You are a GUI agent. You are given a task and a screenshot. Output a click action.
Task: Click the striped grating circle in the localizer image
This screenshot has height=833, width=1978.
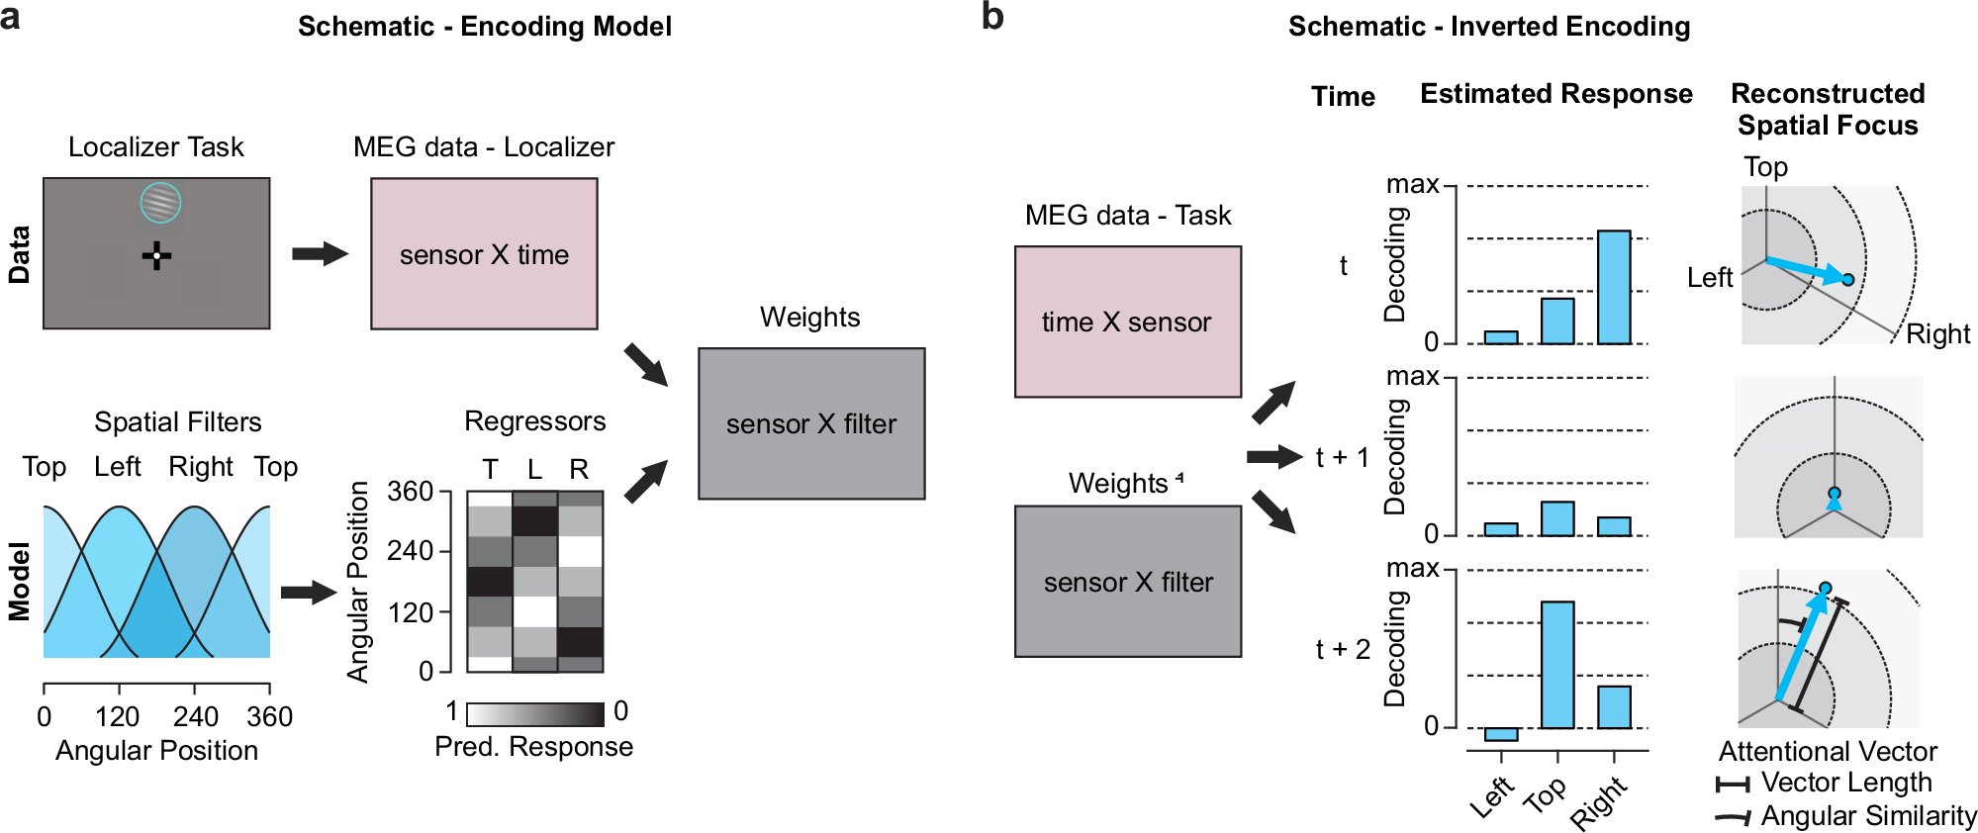pos(160,203)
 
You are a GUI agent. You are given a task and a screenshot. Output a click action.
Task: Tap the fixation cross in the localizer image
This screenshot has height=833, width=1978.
pos(156,256)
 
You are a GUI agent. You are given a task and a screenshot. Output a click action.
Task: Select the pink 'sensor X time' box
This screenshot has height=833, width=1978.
pos(484,253)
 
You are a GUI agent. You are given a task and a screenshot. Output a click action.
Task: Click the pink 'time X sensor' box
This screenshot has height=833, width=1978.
pos(1127,322)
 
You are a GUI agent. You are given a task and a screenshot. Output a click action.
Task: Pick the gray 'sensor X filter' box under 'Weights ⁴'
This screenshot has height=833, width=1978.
pos(1127,582)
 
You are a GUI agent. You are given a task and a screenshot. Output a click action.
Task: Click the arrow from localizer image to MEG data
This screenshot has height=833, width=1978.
pos(320,253)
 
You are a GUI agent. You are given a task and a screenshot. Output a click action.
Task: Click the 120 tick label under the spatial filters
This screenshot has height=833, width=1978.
pos(118,716)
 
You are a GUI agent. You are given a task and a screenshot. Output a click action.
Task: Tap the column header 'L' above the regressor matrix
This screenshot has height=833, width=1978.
pos(534,469)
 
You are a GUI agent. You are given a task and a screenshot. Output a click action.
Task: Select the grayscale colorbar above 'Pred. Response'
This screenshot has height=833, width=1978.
pos(534,714)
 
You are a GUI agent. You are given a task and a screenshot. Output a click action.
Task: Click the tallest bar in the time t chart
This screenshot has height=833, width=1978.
pos(1614,287)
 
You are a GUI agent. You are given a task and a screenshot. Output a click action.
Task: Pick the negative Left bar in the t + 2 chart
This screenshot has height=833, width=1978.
pos(1501,734)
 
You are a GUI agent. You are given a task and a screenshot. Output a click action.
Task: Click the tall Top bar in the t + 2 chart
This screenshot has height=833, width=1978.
pos(1557,664)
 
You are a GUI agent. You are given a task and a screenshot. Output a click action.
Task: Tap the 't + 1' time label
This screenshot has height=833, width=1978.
pos(1342,457)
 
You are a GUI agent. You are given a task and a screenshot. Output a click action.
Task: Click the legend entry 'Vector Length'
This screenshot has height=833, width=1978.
pos(1845,783)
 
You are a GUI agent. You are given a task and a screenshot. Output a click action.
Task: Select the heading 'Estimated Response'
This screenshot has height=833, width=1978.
pos(1555,94)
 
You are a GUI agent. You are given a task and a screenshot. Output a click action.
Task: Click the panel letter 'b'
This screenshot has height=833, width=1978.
pos(992,17)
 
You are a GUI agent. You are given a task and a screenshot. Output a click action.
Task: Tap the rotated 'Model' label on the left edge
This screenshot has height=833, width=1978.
pos(19,582)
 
